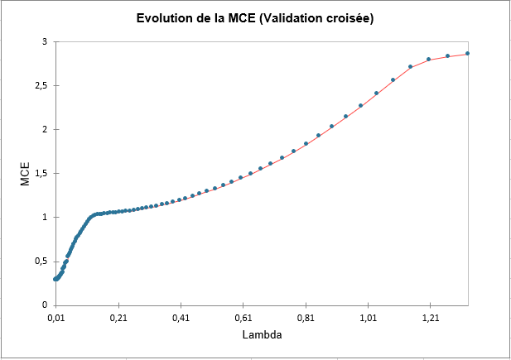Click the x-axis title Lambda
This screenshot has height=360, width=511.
[262, 338]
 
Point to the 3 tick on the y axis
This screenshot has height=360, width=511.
[43, 41]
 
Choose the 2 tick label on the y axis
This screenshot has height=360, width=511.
[43, 129]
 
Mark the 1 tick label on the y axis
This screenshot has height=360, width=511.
[43, 217]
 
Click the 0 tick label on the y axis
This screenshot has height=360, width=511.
[43, 305]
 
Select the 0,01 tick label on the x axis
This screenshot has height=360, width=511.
[55, 317]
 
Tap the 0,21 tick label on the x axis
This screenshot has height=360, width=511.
[118, 317]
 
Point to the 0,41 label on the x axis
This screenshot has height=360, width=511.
[181, 317]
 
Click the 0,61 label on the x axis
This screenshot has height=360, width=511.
[243, 317]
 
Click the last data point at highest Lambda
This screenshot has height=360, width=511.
[467, 54]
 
